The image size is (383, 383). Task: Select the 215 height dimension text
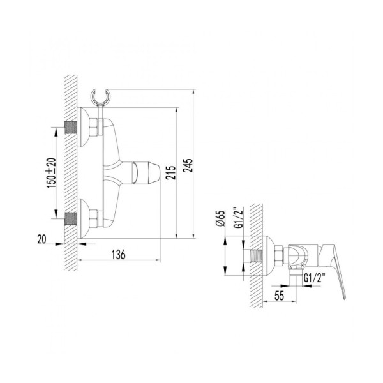[169, 173]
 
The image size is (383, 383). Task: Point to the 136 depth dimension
[119, 254]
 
